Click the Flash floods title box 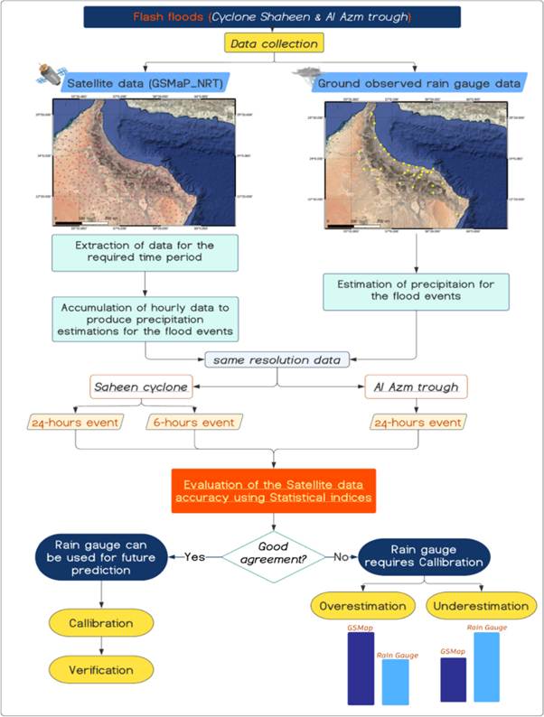(x=272, y=17)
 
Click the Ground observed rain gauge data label (x=417, y=84)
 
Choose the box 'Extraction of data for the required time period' (x=145, y=253)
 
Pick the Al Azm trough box (x=417, y=388)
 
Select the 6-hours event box (x=193, y=423)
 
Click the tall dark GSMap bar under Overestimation (x=361, y=668)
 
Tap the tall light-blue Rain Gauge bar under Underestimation (x=485, y=668)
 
